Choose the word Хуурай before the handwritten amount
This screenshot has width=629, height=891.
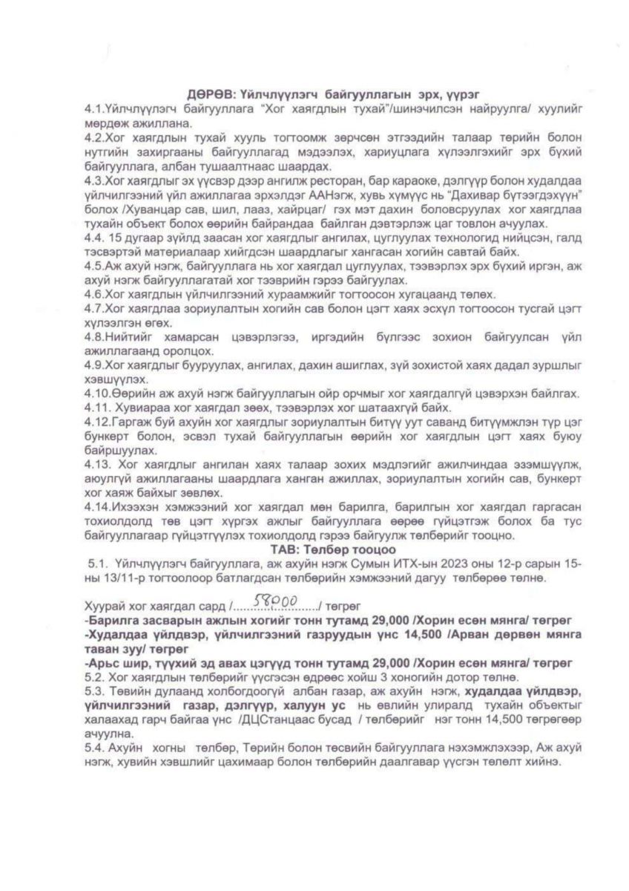(x=106, y=603)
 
